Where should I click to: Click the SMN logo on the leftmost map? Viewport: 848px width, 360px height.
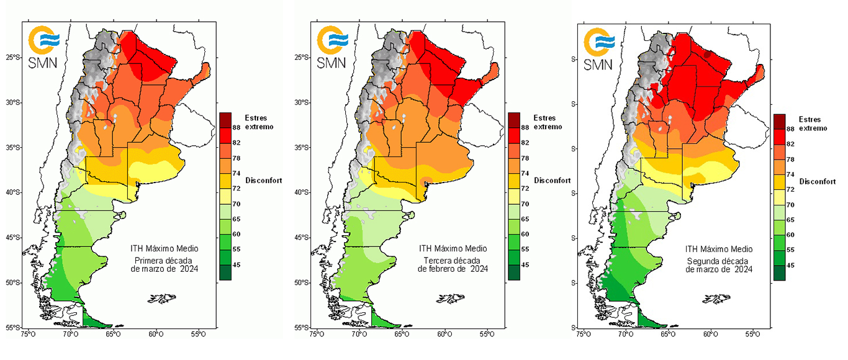pos(45,46)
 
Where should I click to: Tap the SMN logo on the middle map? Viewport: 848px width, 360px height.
pos(333,46)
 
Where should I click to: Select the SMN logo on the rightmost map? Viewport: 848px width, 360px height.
pos(600,47)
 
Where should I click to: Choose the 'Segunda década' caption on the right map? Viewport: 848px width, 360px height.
pos(719,261)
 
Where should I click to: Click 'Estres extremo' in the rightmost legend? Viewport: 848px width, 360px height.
pos(813,124)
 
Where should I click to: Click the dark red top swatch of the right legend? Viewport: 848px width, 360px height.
pos(780,121)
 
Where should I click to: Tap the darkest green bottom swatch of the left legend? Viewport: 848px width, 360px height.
pos(225,272)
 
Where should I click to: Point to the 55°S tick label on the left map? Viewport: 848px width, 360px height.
pos(14,327)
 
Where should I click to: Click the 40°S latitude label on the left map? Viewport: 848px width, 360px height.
pos(14,192)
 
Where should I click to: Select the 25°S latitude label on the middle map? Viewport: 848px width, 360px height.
pos(302,58)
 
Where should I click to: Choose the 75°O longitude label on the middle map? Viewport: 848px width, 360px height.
pos(316,335)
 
